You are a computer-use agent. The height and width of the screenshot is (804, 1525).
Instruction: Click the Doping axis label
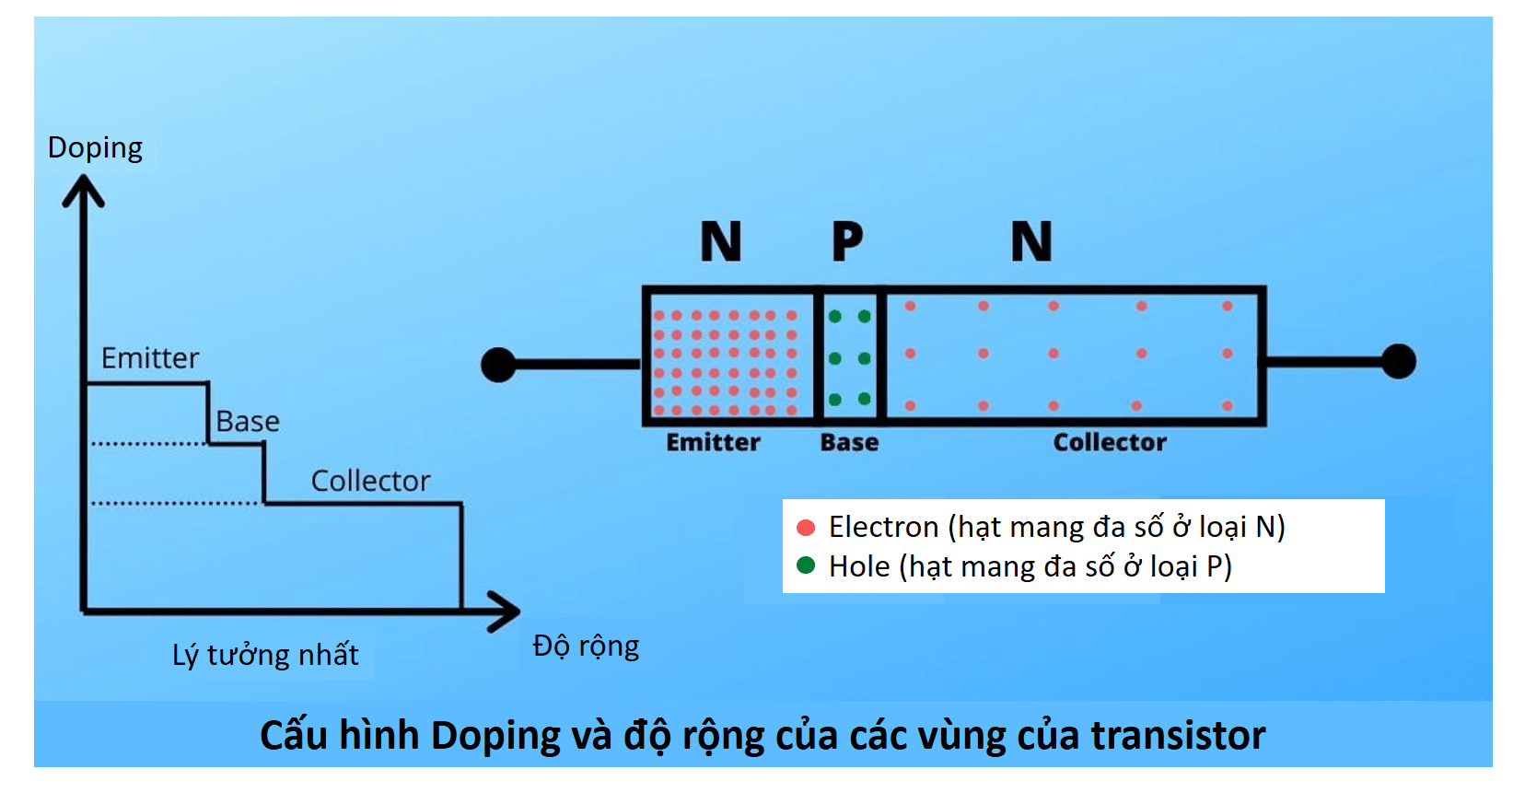click(95, 148)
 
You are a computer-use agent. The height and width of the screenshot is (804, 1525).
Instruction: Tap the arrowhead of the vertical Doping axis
click(83, 188)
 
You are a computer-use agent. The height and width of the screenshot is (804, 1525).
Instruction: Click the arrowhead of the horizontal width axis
click(506, 612)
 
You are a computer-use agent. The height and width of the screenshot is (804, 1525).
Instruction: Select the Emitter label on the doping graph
click(149, 358)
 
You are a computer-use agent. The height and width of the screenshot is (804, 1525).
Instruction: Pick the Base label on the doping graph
click(247, 422)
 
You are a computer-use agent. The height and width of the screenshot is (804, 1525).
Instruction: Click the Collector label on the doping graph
click(370, 481)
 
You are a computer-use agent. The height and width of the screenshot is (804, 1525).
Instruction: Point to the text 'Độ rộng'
click(586, 646)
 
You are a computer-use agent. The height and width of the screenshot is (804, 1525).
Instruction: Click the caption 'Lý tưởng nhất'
click(265, 655)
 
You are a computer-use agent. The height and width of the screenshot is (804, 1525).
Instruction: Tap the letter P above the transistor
click(847, 242)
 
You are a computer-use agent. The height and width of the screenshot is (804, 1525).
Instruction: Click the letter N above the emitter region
click(720, 242)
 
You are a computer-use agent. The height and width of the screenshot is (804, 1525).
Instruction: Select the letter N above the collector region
click(1030, 242)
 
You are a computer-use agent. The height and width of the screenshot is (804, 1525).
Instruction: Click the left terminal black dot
click(498, 365)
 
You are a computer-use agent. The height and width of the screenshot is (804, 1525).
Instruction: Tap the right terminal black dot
click(1398, 361)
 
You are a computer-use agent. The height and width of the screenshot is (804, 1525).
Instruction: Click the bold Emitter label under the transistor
click(713, 443)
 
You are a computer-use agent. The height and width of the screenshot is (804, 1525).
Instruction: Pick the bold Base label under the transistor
click(849, 443)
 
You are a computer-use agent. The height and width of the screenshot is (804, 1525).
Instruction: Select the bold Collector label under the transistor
click(1110, 443)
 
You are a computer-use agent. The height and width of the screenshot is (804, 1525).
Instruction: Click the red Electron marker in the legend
click(806, 528)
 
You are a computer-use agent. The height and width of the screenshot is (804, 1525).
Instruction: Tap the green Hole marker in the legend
click(806, 565)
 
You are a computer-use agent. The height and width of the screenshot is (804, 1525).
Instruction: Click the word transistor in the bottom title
click(1178, 736)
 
